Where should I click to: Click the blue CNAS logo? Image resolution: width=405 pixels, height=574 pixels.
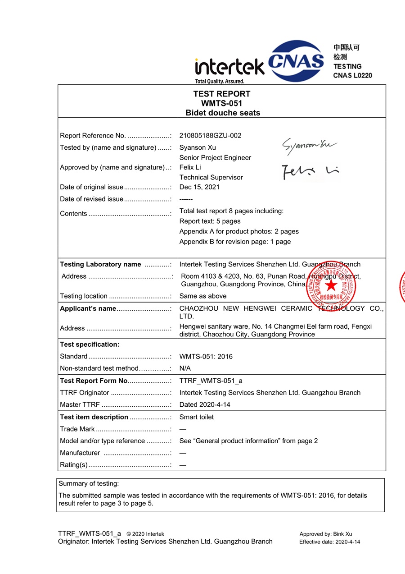click(296, 61)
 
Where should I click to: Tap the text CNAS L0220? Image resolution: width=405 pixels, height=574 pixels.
click(352, 75)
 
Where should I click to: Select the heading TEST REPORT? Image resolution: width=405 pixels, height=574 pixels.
click(222, 94)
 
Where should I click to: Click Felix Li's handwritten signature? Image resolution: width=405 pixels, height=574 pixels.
click(310, 171)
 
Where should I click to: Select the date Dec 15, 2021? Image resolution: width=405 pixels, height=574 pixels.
click(199, 187)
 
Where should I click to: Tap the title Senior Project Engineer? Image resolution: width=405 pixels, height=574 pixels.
click(215, 157)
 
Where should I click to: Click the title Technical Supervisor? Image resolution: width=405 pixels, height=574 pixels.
click(211, 177)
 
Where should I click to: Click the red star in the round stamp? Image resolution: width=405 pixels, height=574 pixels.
click(331, 285)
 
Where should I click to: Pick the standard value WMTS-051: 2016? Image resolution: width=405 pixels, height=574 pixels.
click(206, 356)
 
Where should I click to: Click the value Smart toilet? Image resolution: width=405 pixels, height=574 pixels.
click(196, 417)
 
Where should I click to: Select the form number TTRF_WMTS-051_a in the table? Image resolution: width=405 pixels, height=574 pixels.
click(211, 381)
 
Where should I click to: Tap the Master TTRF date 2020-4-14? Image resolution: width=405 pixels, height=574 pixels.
click(205, 404)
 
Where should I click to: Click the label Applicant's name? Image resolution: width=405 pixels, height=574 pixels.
click(88, 308)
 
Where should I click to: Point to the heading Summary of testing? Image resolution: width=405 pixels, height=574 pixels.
click(89, 483)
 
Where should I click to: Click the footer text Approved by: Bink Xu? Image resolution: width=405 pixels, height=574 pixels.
click(325, 534)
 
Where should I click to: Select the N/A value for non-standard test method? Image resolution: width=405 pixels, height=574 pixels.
click(185, 368)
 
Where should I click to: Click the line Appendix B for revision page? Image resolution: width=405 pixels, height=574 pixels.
click(235, 242)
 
